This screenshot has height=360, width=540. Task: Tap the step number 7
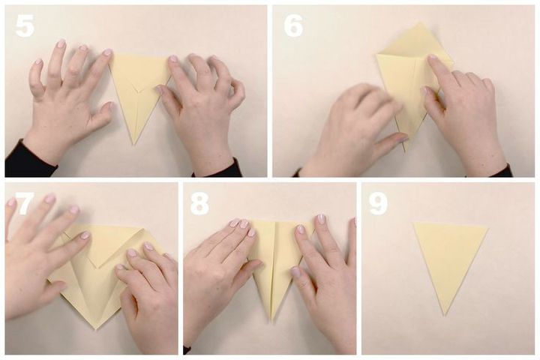[25, 203]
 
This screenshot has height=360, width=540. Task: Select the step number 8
[199, 203]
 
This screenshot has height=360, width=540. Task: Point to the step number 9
[379, 203]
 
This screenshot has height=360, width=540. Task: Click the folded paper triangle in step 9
[449, 260]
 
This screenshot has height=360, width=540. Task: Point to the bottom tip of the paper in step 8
[272, 322]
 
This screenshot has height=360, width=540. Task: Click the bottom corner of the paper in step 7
[96, 329]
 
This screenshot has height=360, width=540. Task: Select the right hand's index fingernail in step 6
[432, 58]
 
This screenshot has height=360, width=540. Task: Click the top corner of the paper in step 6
[420, 23]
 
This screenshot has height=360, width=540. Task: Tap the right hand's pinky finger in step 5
[237, 90]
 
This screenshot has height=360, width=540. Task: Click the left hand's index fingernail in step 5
[107, 52]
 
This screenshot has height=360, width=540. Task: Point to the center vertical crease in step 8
[274, 268]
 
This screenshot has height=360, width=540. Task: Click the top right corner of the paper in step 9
[488, 227]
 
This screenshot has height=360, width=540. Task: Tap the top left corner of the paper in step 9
[413, 223]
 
